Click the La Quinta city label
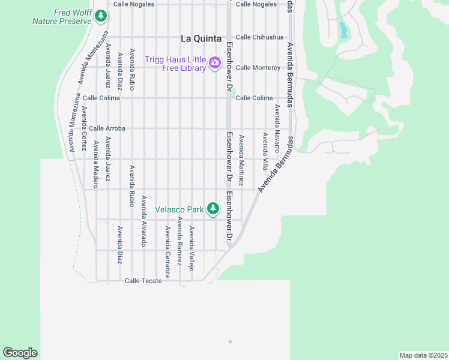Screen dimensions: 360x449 tap(202, 38)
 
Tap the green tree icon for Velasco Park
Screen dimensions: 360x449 tap(212, 209)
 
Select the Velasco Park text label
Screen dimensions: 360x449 tap(179, 209)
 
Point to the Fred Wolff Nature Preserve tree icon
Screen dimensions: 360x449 tap(102, 16)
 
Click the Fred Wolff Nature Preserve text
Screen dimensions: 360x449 tap(62, 16)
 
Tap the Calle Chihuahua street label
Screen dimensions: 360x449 tap(259, 37)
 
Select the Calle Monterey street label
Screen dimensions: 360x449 tap(258, 68)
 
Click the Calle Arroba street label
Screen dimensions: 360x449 tap(107, 128)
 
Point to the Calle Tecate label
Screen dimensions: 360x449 tap(143, 281)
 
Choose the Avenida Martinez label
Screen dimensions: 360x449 tap(241, 160)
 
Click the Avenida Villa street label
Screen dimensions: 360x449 tap(265, 151)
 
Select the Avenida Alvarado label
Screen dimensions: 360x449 tap(143, 221)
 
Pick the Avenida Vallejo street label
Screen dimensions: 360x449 tap(191, 248)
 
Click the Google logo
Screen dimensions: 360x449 tap(20, 353)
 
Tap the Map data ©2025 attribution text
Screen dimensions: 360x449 tap(423, 355)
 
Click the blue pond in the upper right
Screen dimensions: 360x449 tap(343, 30)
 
